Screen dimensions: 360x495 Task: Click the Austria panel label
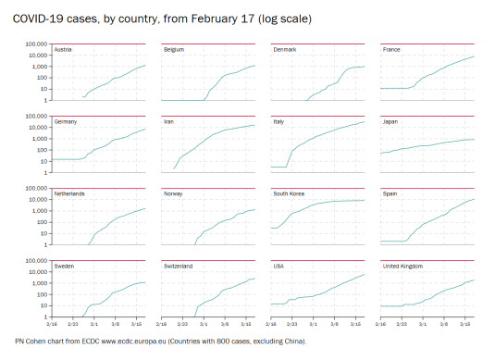tap(64, 49)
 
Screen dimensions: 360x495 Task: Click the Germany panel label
tap(66, 121)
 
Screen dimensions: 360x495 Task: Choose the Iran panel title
tap(170, 121)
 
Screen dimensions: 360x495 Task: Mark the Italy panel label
tap(278, 121)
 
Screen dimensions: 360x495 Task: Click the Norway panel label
tap(174, 193)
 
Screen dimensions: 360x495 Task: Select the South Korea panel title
tap(291, 193)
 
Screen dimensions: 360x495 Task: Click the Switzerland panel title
tap(179, 266)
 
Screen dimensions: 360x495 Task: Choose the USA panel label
tap(279, 266)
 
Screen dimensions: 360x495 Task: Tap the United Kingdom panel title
tap(402, 266)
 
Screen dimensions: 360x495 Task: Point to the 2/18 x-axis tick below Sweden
tap(54, 323)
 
